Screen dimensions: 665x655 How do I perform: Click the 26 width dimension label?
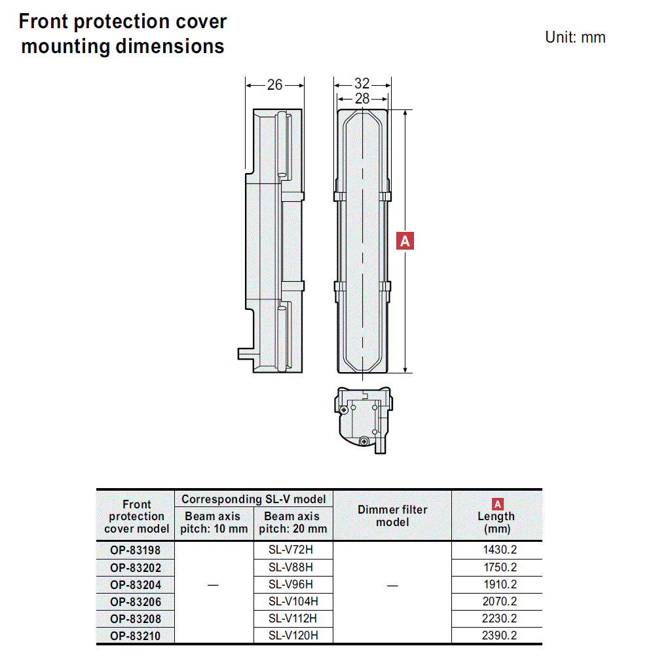275,85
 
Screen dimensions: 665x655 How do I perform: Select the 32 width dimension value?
362,84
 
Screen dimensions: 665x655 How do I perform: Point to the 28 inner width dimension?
362,99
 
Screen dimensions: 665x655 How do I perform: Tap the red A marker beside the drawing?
405,241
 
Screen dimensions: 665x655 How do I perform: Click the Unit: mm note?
575,37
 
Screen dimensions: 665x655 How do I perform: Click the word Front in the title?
43,22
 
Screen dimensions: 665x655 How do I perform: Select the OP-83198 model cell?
136,550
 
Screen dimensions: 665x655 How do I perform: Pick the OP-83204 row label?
136,584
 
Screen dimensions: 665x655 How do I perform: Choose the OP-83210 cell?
136,636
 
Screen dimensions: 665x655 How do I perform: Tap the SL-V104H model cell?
293,601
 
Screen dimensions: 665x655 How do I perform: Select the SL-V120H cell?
293,635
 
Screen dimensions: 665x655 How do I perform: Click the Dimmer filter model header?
392,516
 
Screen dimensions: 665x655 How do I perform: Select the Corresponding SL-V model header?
253,499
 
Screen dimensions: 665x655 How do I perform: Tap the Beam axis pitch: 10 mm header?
214,522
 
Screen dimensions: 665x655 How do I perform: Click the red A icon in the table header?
497,504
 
